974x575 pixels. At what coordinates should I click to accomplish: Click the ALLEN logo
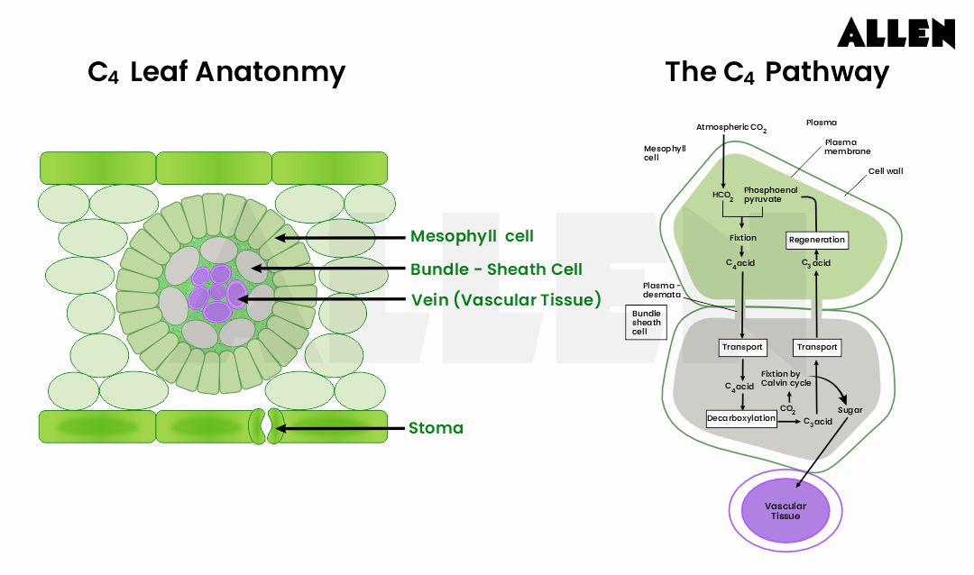pyautogui.click(x=895, y=32)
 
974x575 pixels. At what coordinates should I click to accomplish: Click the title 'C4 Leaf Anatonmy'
pyautogui.click(x=216, y=72)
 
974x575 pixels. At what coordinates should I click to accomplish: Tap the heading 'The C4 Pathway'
pyautogui.click(x=776, y=72)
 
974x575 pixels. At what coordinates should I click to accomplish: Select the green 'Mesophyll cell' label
pyautogui.click(x=472, y=236)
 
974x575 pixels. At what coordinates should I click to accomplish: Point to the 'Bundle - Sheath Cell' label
pyautogui.click(x=496, y=269)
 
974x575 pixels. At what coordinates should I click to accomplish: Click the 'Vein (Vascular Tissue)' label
pyautogui.click(x=506, y=300)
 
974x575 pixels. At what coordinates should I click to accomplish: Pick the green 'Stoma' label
pyautogui.click(x=436, y=427)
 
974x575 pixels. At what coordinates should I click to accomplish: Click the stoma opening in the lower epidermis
pyautogui.click(x=264, y=426)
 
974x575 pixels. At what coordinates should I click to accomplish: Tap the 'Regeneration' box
pyautogui.click(x=817, y=240)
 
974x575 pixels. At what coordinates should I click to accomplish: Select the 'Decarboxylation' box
pyautogui.click(x=740, y=418)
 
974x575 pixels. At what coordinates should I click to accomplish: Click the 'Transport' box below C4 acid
pyautogui.click(x=742, y=347)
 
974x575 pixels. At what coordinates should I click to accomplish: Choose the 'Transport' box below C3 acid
pyautogui.click(x=817, y=347)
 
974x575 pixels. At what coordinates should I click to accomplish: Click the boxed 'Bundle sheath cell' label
pyautogui.click(x=646, y=322)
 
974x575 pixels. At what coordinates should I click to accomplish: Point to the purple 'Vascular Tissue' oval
pyautogui.click(x=785, y=511)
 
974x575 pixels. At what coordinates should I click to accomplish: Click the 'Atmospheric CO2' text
pyautogui.click(x=730, y=128)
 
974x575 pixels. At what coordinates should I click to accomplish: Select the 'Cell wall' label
pyautogui.click(x=885, y=170)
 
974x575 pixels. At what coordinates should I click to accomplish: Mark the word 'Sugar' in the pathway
pyautogui.click(x=850, y=410)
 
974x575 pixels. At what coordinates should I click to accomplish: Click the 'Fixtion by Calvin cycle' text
pyautogui.click(x=780, y=378)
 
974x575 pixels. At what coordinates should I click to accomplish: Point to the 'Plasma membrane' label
pyautogui.click(x=846, y=147)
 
